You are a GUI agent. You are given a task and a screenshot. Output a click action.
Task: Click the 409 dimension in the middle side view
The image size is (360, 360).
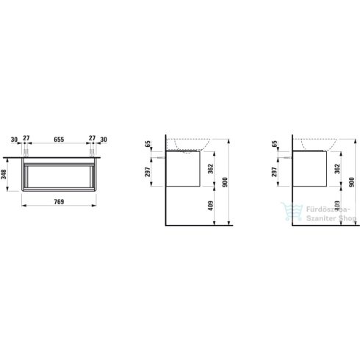(210, 206)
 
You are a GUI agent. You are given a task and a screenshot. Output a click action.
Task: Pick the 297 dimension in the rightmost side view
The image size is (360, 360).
(274, 171)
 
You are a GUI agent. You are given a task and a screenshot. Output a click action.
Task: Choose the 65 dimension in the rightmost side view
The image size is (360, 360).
(274, 143)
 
